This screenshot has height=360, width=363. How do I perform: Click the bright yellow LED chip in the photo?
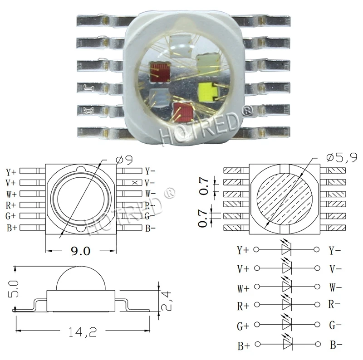point(208,92)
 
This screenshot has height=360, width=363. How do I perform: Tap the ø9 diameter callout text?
point(124,160)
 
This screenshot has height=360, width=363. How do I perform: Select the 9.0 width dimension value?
point(81,251)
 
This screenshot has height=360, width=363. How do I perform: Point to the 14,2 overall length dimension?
point(83,332)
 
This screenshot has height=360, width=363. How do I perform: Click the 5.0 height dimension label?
point(13,289)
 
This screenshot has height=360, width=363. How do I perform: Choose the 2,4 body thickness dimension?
point(166,301)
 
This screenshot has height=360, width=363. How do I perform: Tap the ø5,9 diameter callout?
point(342,158)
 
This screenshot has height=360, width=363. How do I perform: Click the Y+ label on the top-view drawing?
point(11,172)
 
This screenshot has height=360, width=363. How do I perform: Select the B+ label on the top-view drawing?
point(12,228)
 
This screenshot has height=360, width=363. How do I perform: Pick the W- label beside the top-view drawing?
point(151,193)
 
